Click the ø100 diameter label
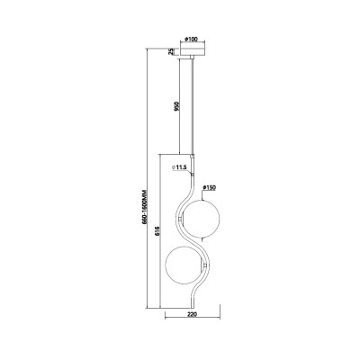point(192,40)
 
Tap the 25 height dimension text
point(171,51)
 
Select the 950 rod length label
point(177,106)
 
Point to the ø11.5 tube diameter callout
point(180,168)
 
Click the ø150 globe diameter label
point(210,188)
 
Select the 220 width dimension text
point(192,314)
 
